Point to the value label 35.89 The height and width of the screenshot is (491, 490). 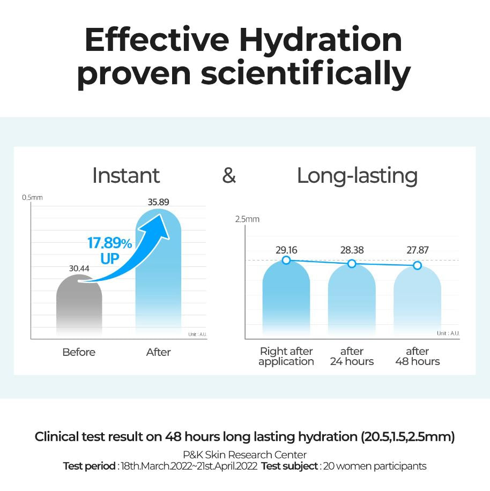pyautogui.click(x=158, y=202)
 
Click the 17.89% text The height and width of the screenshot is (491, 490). pyautogui.click(x=109, y=243)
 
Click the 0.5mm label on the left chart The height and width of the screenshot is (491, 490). pyautogui.click(x=32, y=198)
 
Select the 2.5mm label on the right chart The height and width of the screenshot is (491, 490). pyautogui.click(x=247, y=219)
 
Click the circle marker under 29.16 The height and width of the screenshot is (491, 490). pyautogui.click(x=286, y=260)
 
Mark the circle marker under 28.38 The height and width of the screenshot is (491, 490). pyautogui.click(x=352, y=263)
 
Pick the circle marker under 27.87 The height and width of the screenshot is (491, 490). pyautogui.click(x=417, y=265)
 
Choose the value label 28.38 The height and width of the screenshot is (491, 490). pyautogui.click(x=352, y=250)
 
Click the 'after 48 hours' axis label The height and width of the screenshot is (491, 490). pyautogui.click(x=417, y=356)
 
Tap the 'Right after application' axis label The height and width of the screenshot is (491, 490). pyautogui.click(x=286, y=356)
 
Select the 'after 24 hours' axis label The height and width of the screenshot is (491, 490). pyautogui.click(x=352, y=356)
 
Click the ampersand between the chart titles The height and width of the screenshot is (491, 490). pyautogui.click(x=229, y=176)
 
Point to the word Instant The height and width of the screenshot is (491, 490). pyautogui.click(x=126, y=176)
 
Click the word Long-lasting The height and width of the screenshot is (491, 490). pyautogui.click(x=357, y=176)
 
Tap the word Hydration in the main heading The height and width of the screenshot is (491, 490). pyautogui.click(x=321, y=40)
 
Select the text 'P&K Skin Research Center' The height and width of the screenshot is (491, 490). pyautogui.click(x=245, y=455)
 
